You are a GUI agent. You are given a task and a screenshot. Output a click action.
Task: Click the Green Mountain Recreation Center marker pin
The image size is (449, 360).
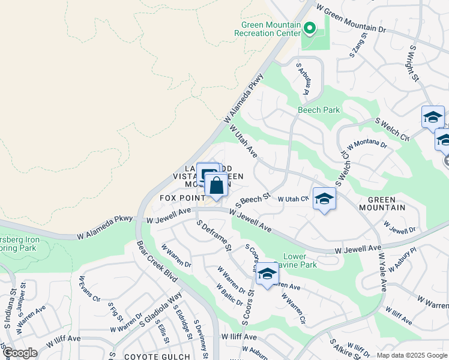coord(310,28)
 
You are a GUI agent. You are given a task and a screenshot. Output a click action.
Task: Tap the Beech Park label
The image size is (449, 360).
coord(319,110)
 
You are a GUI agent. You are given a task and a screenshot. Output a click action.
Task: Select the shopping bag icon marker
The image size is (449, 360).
coord(216,187)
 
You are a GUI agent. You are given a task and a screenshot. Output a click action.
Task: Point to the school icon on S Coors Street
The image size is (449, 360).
coord(267,274)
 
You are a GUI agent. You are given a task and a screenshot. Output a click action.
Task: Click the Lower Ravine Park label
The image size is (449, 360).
coord(299,260)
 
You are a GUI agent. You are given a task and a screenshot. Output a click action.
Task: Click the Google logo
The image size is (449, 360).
coord(19,353)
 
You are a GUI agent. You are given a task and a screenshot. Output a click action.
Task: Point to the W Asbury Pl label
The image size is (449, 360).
coord(402,260)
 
